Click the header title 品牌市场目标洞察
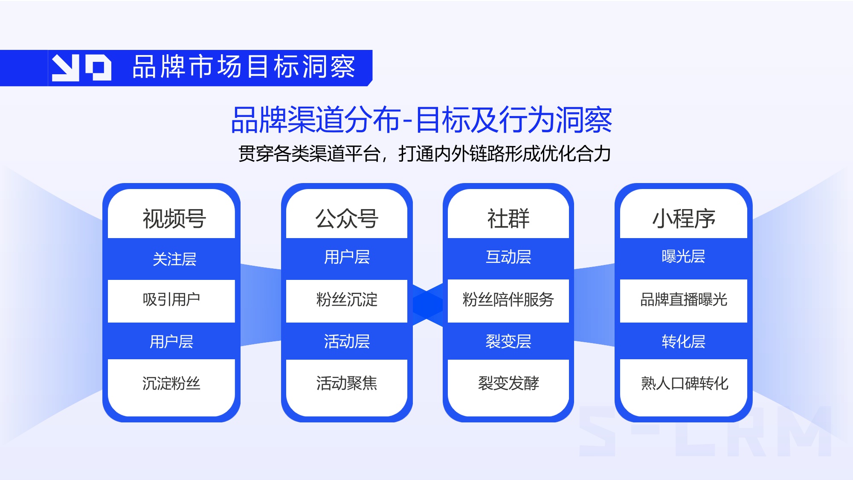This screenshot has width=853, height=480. click(243, 67)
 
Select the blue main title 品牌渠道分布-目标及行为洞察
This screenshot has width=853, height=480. click(421, 120)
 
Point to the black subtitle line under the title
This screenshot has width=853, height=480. click(424, 154)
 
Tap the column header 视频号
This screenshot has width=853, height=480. click(174, 218)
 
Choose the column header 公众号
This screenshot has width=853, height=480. click(346, 218)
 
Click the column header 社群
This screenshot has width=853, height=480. click(508, 218)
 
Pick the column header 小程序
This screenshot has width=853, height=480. click(683, 218)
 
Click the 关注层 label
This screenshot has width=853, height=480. click(174, 259)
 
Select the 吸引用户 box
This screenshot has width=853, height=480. click(171, 300)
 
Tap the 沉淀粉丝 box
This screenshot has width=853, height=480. click(171, 383)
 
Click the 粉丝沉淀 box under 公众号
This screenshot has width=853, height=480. click(346, 300)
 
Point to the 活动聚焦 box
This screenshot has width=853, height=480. click(346, 383)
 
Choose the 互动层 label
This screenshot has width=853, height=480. click(508, 257)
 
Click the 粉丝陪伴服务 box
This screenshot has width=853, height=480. click(508, 300)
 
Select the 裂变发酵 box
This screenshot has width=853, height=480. click(508, 383)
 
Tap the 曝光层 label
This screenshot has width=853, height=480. click(683, 257)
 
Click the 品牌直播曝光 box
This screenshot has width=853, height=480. click(683, 300)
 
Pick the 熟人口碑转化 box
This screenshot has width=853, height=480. click(684, 383)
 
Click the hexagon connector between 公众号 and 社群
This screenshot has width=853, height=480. click(428, 305)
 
